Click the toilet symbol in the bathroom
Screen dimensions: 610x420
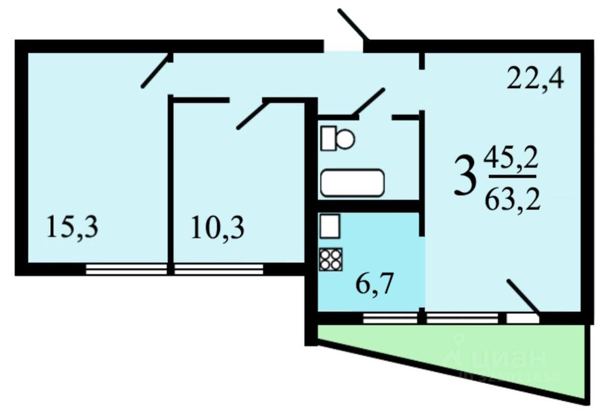point(338,138)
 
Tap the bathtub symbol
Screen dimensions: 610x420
point(352,183)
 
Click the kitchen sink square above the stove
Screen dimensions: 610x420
point(330,226)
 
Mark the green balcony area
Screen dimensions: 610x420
point(486,356)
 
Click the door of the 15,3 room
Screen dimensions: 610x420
point(157,70)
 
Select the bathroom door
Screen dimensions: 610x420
point(368,102)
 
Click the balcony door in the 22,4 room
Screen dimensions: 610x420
point(522,296)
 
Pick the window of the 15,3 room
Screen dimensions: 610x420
point(126,268)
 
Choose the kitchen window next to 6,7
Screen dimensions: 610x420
point(390,319)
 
